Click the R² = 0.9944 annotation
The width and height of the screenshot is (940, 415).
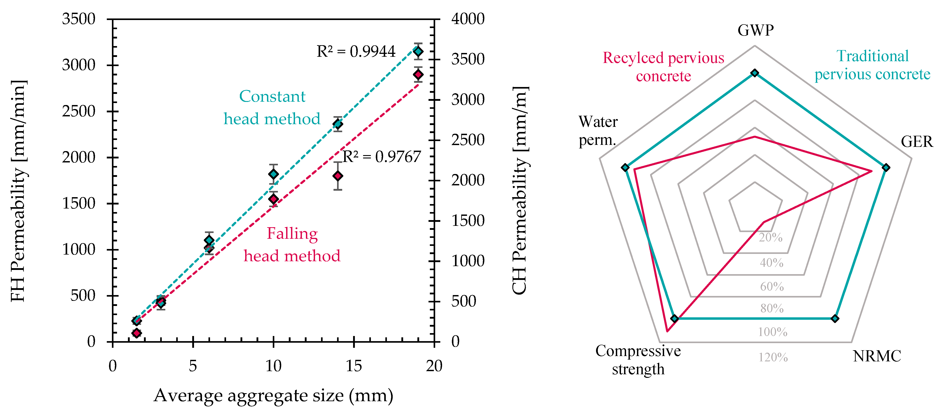356,51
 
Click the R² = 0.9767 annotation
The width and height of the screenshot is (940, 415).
382,157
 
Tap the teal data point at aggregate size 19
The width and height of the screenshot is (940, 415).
418,51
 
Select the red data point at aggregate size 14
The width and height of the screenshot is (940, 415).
338,176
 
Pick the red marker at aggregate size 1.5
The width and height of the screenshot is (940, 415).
136,333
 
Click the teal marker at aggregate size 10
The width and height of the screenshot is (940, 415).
273,174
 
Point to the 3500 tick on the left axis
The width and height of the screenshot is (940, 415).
79,19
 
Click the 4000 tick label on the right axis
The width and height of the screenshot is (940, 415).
468,19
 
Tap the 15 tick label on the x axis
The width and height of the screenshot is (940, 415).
354,366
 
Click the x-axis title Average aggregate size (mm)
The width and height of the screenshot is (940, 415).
273,395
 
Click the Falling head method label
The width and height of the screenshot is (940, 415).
292,245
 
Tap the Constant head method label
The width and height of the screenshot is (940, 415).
272,108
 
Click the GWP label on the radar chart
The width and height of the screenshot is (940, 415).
755,30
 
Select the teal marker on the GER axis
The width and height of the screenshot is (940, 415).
886,168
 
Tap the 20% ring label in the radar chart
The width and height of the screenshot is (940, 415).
771,238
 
